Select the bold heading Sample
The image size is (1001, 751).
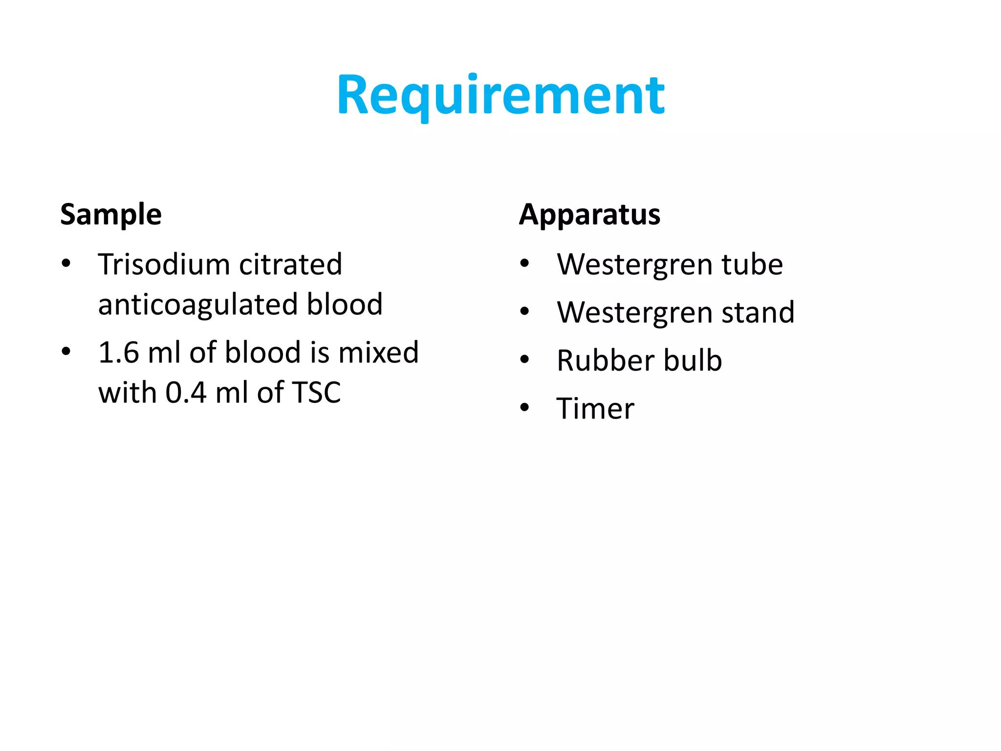pos(111,214)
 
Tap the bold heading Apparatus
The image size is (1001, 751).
pos(589,214)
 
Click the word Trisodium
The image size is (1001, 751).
pos(164,265)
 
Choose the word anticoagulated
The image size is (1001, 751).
pos(198,304)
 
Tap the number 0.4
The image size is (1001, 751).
pos(186,392)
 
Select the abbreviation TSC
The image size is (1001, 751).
pos(316,392)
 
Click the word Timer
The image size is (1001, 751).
pos(595,408)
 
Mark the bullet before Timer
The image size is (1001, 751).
pos(525,407)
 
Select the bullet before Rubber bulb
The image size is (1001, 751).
pos(525,359)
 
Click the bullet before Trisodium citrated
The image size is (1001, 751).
pos(66,264)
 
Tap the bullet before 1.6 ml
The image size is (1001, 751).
pos(66,351)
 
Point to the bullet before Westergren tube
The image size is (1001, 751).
pos(525,264)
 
